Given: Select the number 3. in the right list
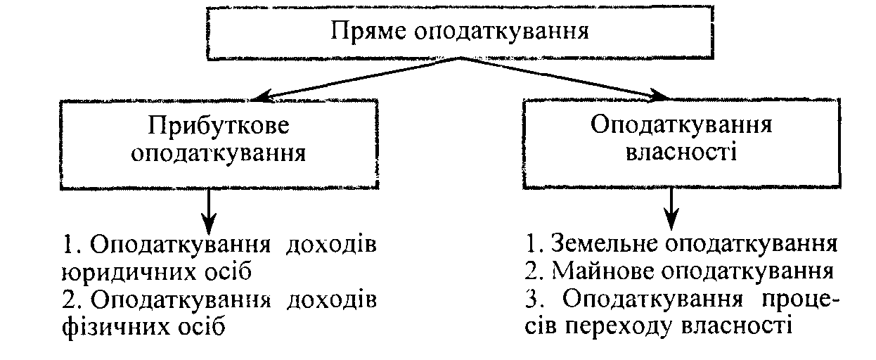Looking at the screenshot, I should tap(536, 300).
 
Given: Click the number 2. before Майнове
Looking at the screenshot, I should tap(536, 272).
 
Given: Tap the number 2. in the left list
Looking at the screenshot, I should tap(72, 300).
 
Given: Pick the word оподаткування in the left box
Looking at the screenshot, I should tap(219, 153).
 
